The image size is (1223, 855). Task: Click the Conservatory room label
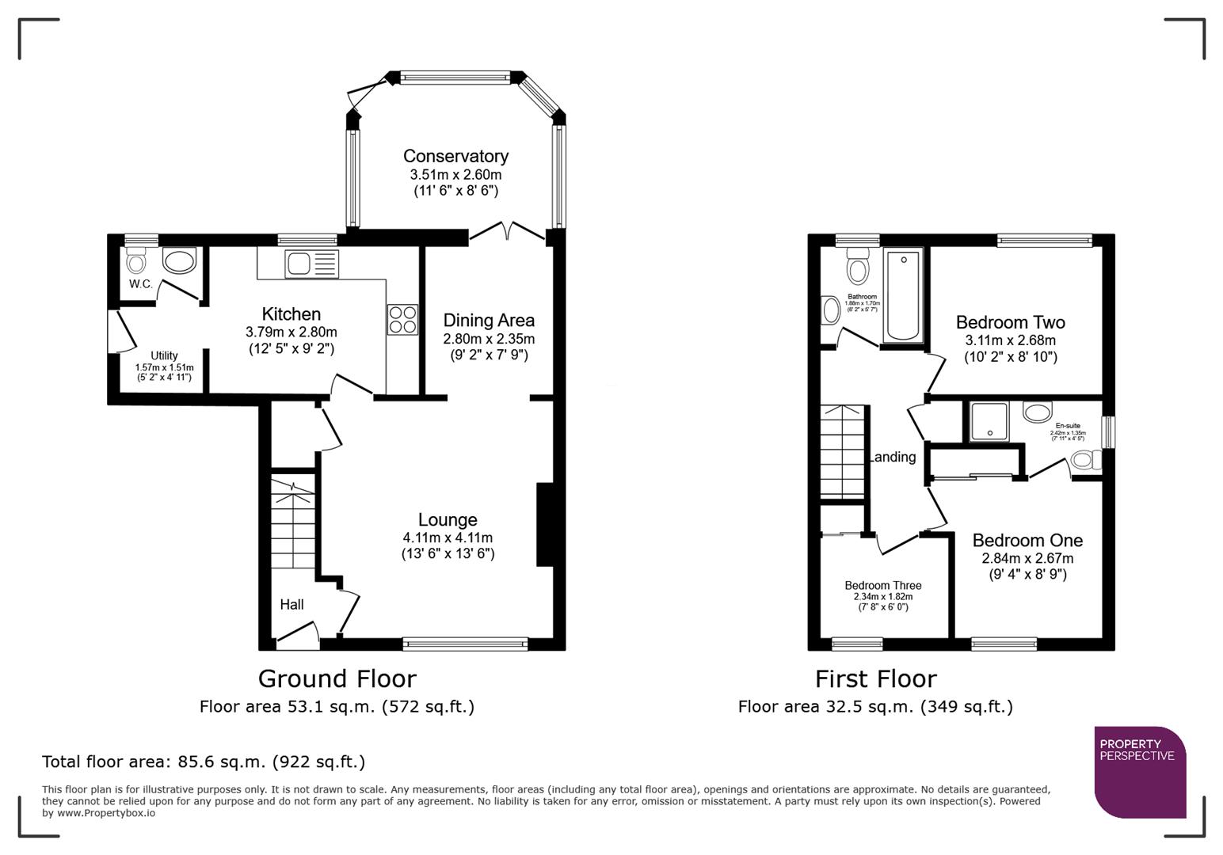[455, 156]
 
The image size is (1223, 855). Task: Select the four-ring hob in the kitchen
[402, 319]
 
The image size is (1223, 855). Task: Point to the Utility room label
[164, 355]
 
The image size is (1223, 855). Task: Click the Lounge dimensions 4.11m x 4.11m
[448, 538]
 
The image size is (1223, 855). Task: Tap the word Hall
[291, 604]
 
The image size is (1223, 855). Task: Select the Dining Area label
[489, 321]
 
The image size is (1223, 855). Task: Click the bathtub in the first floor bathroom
[903, 295]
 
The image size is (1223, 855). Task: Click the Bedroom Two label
[1010, 322]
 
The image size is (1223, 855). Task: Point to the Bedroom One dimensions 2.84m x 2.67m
[1027, 558]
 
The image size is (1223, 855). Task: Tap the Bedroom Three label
[882, 586]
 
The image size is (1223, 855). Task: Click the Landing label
[893, 457]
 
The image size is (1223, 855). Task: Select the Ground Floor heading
[337, 678]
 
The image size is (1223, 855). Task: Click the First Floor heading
[875, 678]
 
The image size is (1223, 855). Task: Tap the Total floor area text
[204, 762]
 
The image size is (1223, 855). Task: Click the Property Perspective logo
[1139, 772]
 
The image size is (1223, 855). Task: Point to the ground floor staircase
[293, 522]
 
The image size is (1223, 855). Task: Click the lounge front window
[465, 644]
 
